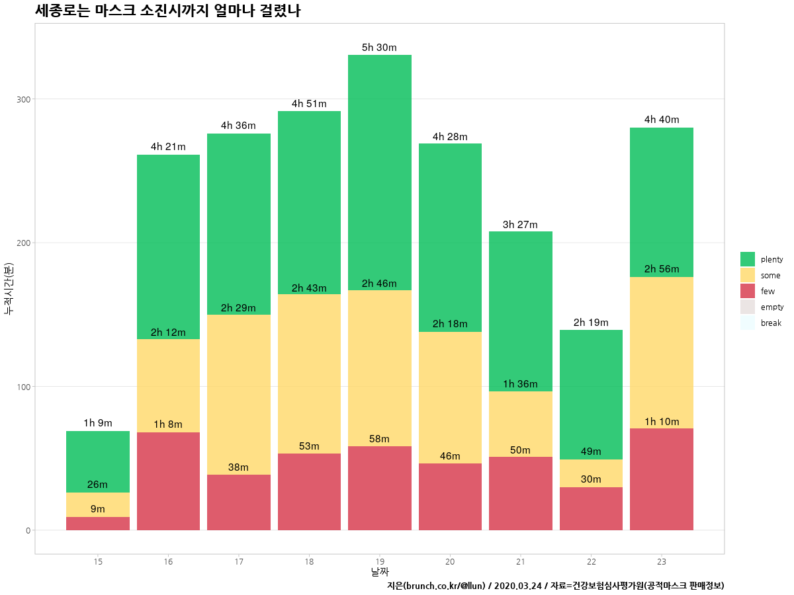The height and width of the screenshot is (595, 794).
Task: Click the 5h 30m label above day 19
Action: (379, 48)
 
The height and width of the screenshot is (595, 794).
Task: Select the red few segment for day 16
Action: (168, 481)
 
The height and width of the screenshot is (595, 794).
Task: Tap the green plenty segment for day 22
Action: (591, 394)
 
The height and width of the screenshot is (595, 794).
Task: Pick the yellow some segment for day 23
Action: (661, 352)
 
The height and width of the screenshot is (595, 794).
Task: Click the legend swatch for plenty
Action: (748, 259)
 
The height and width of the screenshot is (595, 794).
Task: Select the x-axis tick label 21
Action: (521, 561)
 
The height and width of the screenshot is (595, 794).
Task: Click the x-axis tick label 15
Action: (98, 561)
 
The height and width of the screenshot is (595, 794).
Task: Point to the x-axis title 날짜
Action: (380, 572)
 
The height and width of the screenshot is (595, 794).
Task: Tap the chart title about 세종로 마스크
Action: (167, 11)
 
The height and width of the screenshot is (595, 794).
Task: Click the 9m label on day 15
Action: (97, 509)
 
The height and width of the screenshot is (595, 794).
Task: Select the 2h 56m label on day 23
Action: (661, 269)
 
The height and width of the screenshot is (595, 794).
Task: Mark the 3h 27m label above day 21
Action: (520, 224)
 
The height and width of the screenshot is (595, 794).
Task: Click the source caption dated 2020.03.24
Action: (555, 586)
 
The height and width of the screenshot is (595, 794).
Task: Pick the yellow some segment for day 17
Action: (238, 394)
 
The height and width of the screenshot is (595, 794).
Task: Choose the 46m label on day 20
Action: (450, 456)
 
